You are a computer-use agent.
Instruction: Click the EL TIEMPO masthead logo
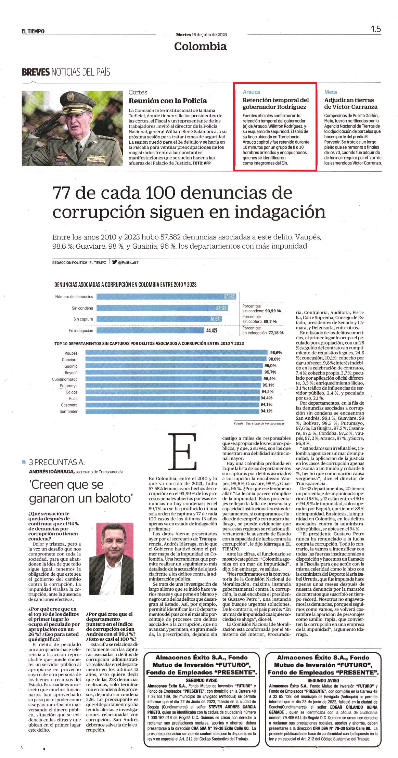[x=33, y=31]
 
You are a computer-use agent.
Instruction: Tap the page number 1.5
[x=376, y=29]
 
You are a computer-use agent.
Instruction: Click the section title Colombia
[x=200, y=46]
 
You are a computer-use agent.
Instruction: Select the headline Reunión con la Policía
[x=168, y=101]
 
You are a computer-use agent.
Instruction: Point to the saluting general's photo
[x=72, y=128]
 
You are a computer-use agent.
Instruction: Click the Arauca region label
[x=251, y=92]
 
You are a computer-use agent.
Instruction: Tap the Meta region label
[x=331, y=92]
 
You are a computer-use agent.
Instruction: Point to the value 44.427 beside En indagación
[x=212, y=331]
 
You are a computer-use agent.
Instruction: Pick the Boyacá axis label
[x=71, y=373]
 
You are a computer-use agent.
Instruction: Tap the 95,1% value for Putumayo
[x=268, y=385]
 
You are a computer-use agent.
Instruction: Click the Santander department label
[x=69, y=411]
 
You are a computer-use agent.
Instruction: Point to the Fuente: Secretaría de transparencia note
[x=259, y=423]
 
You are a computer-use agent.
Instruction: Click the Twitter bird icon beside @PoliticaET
[x=114, y=262]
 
